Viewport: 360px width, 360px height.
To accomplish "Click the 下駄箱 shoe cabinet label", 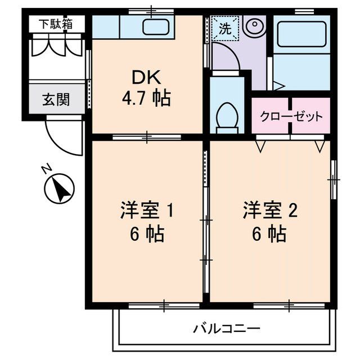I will click(x=55, y=24).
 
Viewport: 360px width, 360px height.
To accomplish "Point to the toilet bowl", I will click(x=227, y=114).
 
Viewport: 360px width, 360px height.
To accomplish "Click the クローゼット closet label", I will click(x=291, y=117).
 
